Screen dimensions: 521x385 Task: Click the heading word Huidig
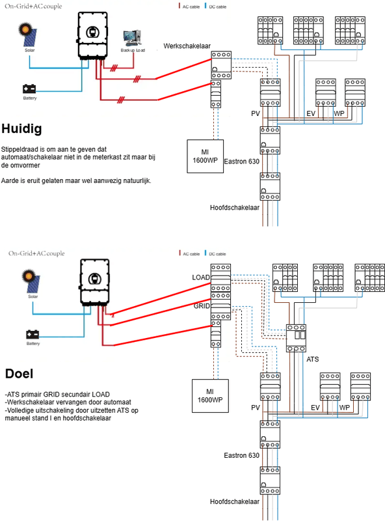click(22, 129)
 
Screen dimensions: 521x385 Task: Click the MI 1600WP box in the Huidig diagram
click(206, 156)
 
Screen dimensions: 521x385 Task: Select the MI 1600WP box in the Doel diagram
click(210, 395)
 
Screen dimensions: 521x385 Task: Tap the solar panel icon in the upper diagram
click(31, 35)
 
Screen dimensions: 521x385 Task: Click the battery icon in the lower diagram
click(33, 333)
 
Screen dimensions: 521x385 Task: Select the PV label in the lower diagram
click(254, 408)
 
